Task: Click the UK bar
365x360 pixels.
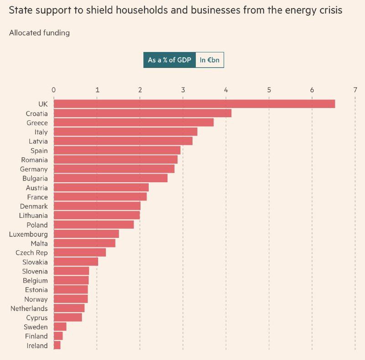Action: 194,104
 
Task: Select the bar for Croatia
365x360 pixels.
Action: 142,113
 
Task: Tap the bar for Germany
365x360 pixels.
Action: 114,169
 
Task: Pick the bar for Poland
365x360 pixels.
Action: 94,225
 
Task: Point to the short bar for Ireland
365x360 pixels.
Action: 57,345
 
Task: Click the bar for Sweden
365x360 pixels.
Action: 60,327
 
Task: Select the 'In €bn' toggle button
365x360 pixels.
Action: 209,60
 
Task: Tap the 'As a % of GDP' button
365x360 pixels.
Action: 169,60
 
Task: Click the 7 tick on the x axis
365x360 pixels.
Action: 355,90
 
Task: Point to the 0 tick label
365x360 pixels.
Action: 54,90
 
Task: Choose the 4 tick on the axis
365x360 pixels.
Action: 226,90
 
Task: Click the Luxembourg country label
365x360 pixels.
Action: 28,234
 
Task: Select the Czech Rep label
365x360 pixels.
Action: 31,252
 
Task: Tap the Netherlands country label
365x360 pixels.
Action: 29,309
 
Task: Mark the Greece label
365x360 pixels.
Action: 37,123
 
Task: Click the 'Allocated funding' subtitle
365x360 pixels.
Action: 39,33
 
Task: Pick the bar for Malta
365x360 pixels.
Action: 84,243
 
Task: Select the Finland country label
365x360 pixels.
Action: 36,336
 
